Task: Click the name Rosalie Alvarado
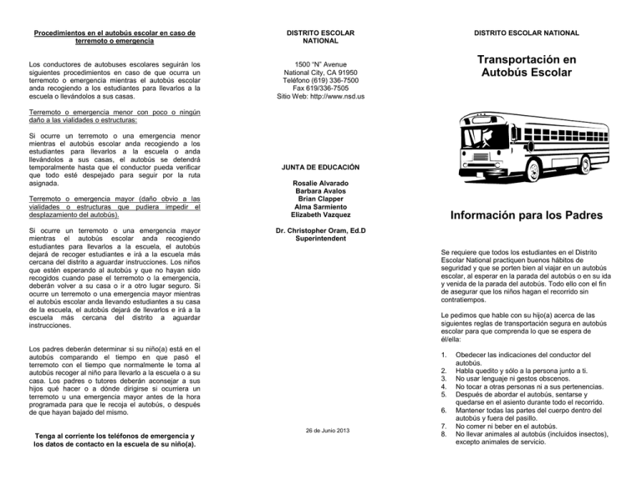321,183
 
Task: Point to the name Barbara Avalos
321,193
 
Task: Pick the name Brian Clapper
321,203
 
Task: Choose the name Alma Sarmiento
321,213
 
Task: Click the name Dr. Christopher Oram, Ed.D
321,248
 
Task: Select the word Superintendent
321,258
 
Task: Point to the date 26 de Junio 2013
321,430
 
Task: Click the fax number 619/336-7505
321,86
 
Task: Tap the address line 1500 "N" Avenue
321,63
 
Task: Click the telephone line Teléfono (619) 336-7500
321,75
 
